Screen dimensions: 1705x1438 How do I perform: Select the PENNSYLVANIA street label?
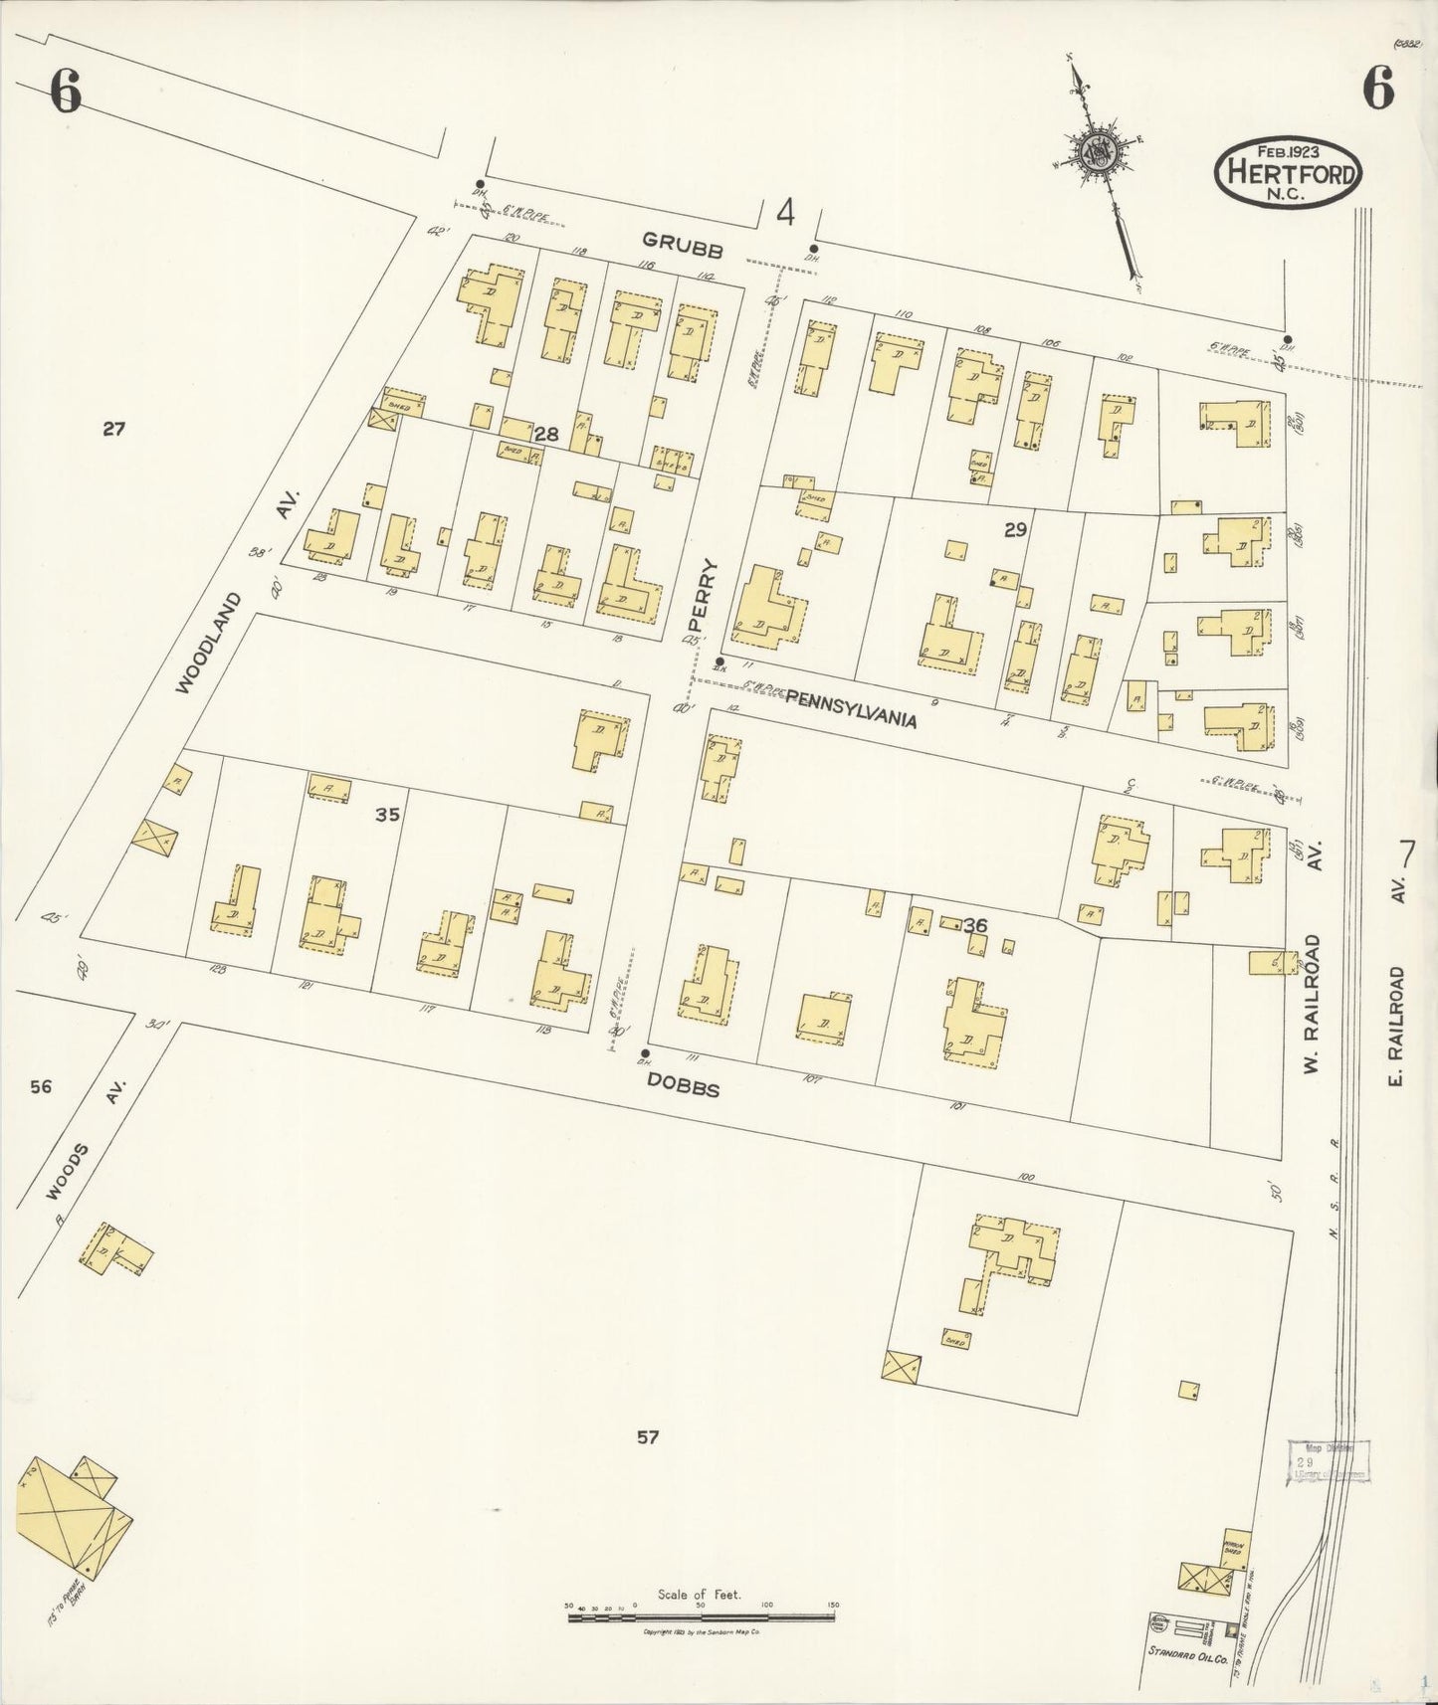[851, 709]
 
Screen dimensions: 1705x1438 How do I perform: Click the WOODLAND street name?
[208, 644]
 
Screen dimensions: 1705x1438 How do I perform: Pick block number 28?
[545, 434]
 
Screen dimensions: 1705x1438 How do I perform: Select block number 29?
[1014, 530]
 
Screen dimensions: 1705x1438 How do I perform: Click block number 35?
[387, 815]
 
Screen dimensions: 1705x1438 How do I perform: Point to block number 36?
[975, 925]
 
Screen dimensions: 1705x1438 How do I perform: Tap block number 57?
[648, 1436]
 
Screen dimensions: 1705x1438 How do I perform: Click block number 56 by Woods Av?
[41, 1087]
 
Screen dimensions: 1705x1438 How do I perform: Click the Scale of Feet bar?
[701, 1618]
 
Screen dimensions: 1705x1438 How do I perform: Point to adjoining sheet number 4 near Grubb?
[786, 212]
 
